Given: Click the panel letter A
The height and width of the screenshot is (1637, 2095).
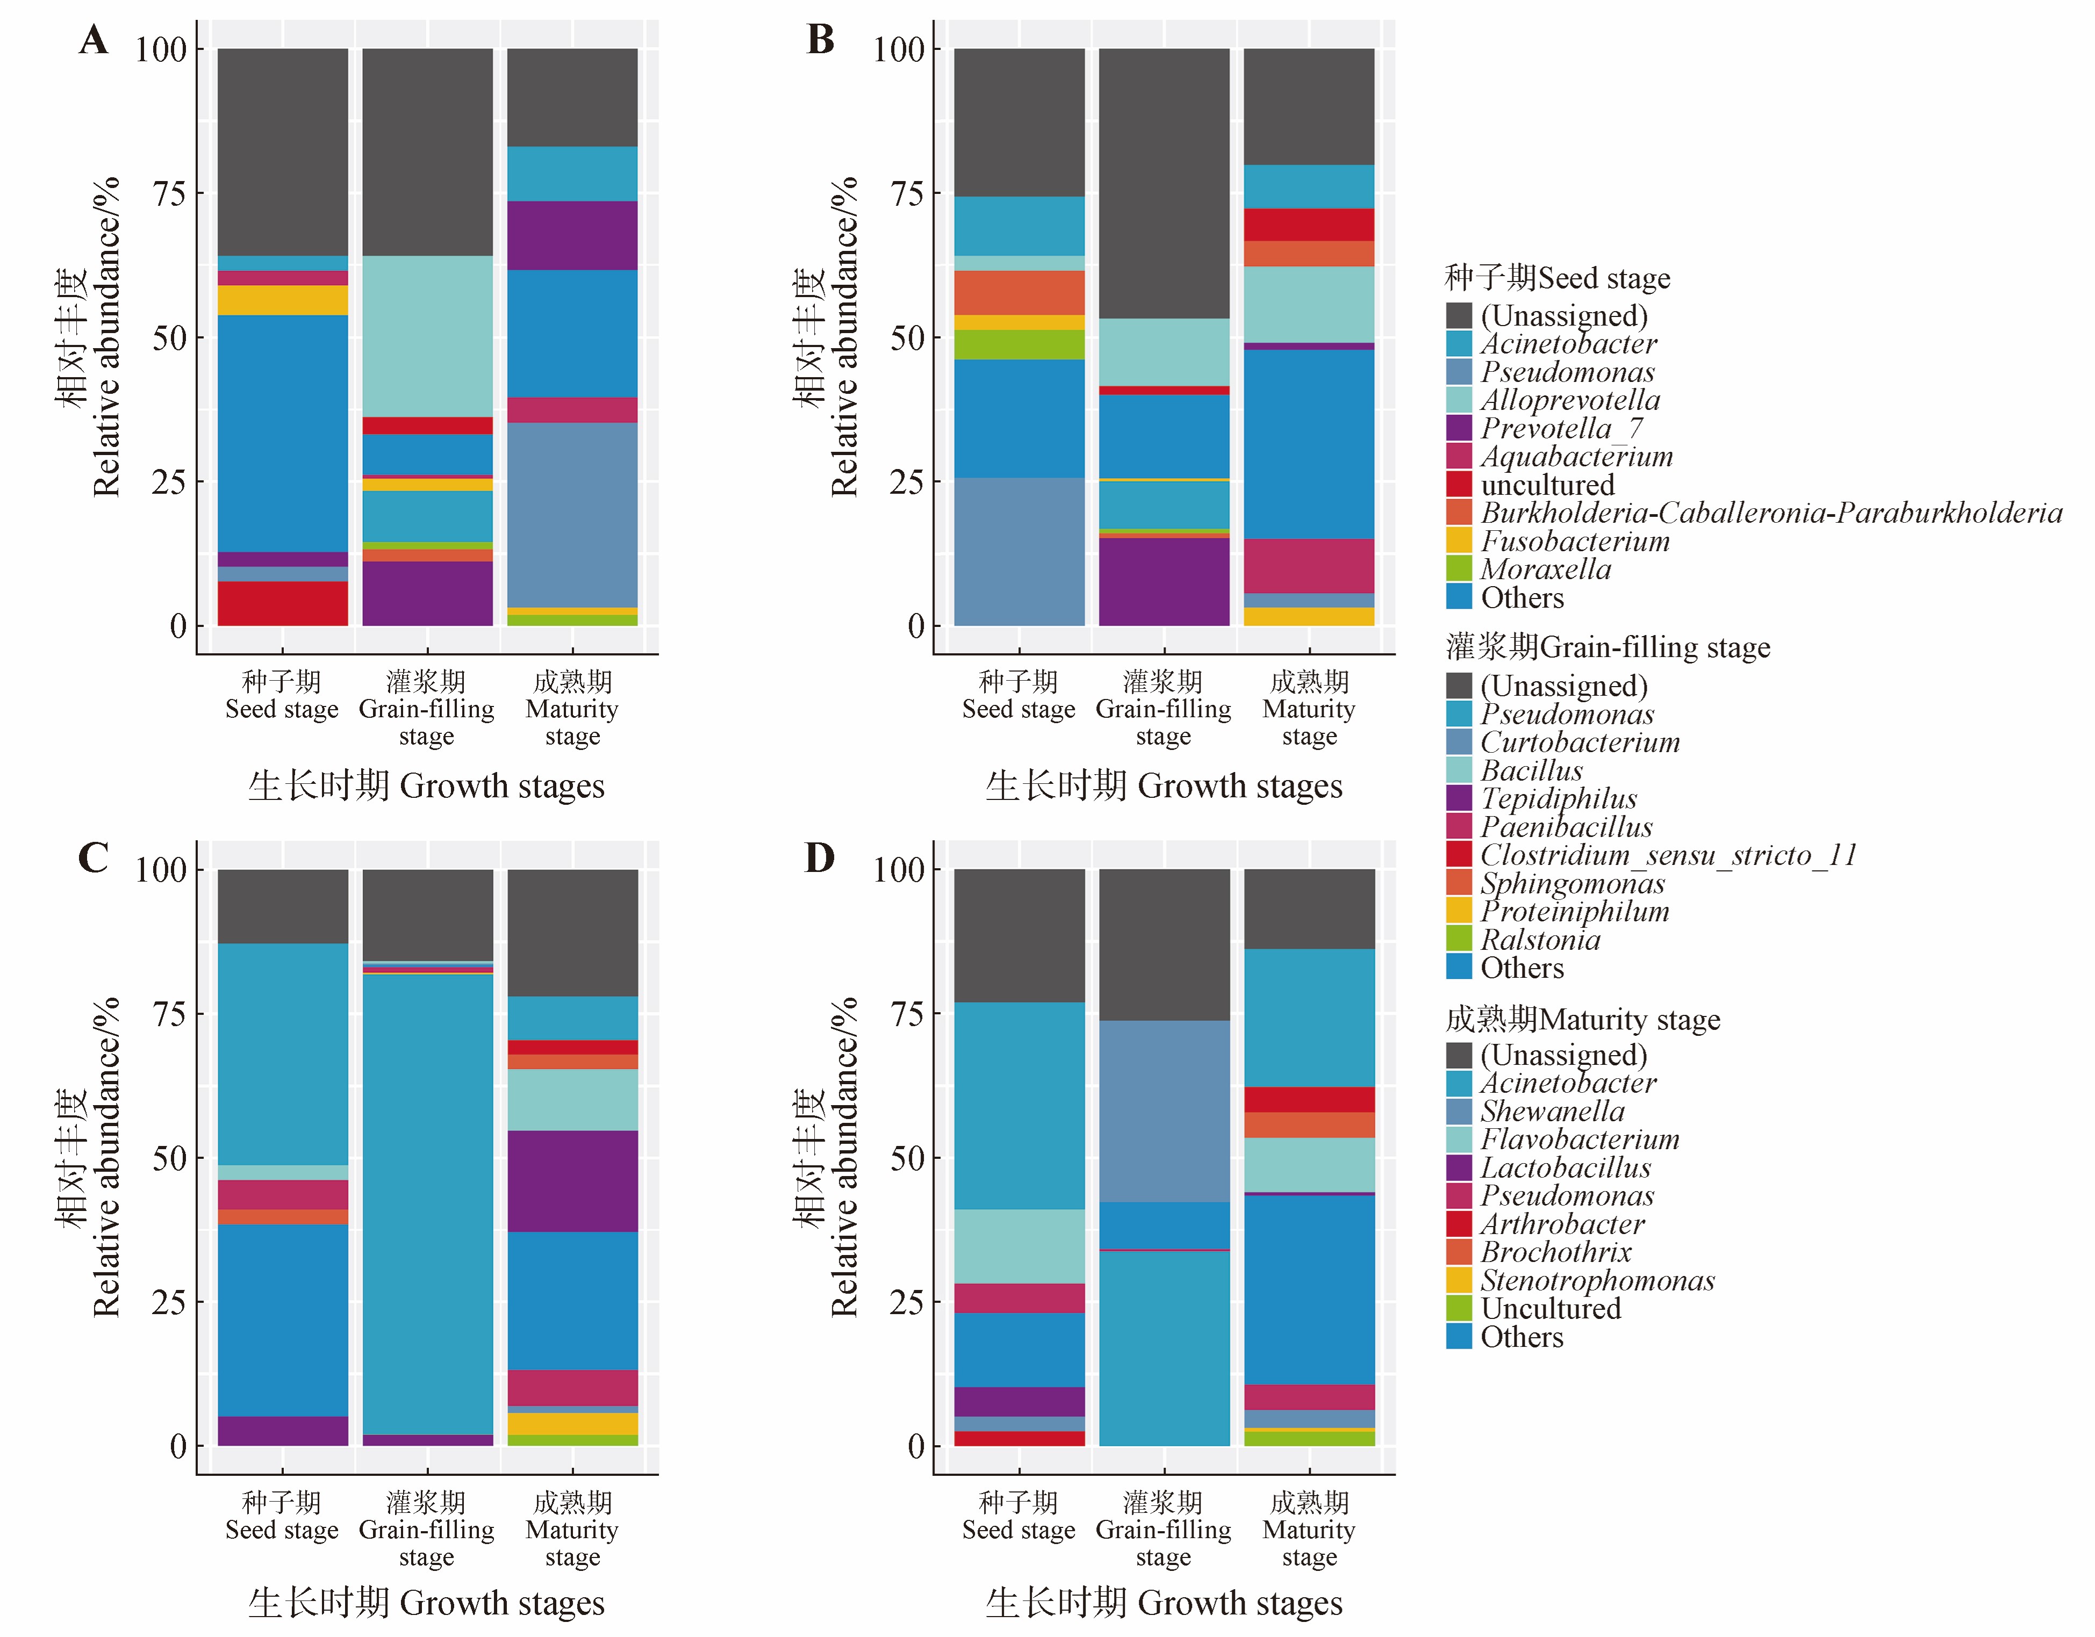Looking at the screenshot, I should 93,40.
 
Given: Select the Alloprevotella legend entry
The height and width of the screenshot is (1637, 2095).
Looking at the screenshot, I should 1569,400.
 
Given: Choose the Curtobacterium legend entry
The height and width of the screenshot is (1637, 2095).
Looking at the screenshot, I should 1579,742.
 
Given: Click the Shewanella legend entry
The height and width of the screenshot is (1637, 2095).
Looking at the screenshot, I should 1552,1112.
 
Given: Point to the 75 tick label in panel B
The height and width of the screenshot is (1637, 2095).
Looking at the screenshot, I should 907,194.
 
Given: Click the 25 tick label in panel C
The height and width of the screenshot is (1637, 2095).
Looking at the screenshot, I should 169,1302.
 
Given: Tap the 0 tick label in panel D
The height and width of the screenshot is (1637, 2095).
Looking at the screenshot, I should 916,1446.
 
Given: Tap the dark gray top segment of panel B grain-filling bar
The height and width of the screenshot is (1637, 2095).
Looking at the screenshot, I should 1164,182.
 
